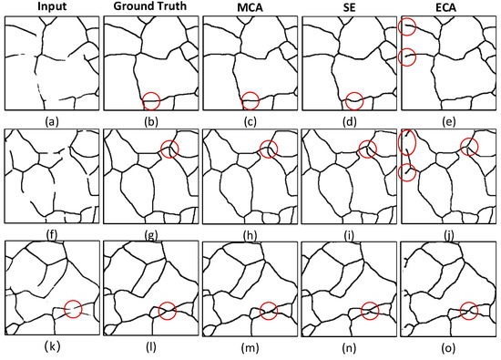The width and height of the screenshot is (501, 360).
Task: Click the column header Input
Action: tap(48, 8)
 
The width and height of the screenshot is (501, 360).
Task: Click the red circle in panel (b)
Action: tap(152, 99)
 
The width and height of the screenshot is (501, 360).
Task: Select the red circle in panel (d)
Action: tap(355, 99)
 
